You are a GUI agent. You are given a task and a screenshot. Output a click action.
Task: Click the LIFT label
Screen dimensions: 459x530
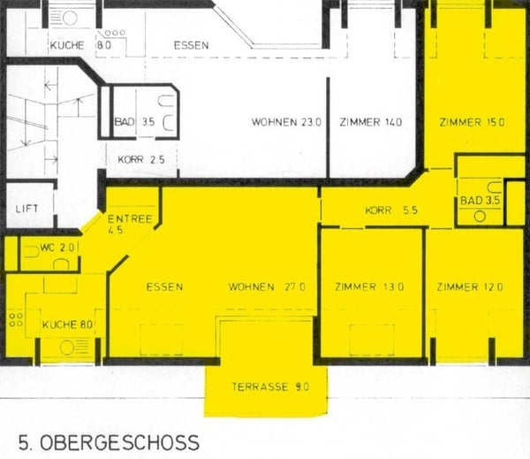[27, 210]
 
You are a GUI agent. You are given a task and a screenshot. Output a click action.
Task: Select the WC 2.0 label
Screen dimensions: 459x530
[57, 248]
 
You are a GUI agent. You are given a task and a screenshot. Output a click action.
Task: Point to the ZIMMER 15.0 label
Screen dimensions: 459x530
[471, 122]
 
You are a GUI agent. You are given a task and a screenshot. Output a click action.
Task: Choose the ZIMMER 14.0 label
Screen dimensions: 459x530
[371, 122]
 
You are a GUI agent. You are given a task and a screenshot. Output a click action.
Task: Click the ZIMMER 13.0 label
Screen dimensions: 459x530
[369, 287]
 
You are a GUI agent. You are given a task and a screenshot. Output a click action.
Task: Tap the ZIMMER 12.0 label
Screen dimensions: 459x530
[469, 287]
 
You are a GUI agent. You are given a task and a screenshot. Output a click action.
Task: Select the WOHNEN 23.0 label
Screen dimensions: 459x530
[285, 122]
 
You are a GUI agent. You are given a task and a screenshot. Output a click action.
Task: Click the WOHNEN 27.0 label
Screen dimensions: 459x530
[267, 287]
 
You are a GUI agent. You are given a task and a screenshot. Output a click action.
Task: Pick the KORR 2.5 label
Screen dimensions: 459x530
[135, 160]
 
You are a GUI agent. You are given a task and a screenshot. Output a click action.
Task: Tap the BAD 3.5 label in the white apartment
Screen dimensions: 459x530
[134, 122]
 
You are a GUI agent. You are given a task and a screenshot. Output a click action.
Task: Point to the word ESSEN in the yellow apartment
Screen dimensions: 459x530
[165, 287]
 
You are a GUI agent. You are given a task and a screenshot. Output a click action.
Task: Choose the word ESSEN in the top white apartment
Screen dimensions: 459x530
[192, 44]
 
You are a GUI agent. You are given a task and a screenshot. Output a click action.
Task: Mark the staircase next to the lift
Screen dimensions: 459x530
[31, 124]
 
